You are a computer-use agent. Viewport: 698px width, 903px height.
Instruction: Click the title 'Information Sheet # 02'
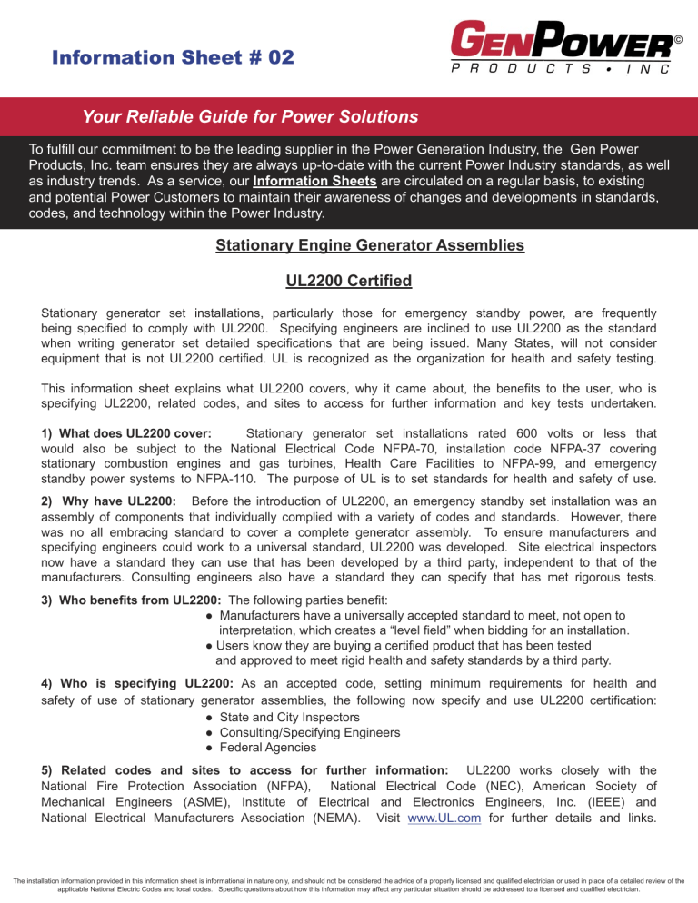coord(172,57)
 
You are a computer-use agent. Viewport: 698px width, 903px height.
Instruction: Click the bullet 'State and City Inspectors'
coord(300,716)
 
